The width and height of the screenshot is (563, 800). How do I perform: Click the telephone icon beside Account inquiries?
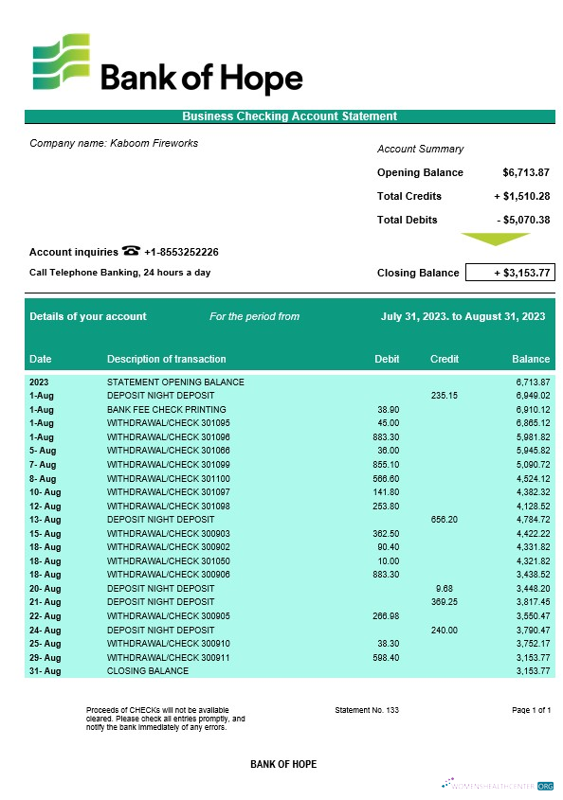131,251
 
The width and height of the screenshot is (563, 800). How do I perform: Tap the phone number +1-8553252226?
181,252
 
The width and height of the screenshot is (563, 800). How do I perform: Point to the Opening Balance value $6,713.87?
526,172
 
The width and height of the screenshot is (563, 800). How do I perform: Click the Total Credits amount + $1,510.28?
521,196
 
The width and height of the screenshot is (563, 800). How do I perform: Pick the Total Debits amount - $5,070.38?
523,220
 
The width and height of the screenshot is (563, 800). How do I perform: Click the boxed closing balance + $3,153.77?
510,273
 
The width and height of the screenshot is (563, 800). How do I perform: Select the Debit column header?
387,359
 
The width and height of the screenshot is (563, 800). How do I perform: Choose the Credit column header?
445,359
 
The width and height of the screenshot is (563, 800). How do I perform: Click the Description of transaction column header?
167,359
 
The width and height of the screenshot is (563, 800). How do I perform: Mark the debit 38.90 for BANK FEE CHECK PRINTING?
388,409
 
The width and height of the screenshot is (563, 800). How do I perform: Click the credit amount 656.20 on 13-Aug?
445,519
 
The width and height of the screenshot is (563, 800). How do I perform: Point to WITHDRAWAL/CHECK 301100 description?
169,478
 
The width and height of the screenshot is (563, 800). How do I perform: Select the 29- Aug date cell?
45,657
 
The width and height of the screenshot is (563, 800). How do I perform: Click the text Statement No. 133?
367,709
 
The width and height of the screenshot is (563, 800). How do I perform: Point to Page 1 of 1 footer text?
531,709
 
